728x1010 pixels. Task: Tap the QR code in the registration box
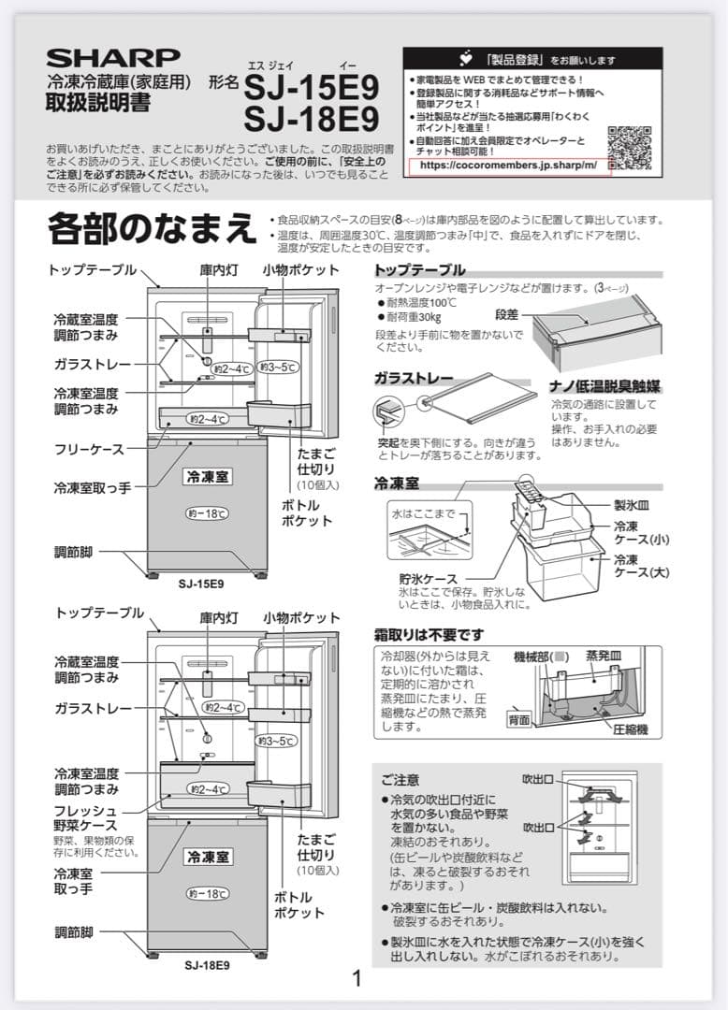(631, 145)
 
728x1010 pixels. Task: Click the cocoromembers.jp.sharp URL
(508, 166)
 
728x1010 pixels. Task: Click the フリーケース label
(89, 450)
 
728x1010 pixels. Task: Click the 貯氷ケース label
(428, 580)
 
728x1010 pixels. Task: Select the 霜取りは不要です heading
(429, 635)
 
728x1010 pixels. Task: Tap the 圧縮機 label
(630, 729)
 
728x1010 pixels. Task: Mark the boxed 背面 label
(519, 720)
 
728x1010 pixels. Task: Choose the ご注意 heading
(400, 779)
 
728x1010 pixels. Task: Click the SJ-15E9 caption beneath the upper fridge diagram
(200, 584)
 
